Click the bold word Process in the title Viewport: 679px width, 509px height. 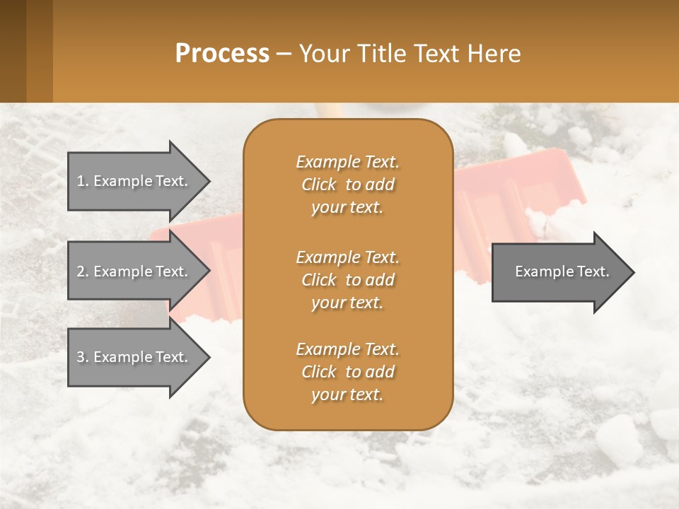[222, 54]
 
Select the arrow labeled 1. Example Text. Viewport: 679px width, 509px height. [134, 181]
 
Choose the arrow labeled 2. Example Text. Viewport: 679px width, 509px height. [134, 271]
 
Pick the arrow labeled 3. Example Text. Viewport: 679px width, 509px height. [134, 357]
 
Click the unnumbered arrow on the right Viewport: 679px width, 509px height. [559, 271]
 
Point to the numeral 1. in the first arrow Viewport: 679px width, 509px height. [82, 181]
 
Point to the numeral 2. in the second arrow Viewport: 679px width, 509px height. [82, 271]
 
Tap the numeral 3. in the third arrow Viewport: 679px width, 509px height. [82, 357]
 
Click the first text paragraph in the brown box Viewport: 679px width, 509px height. [347, 185]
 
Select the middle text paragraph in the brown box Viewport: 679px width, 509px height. [347, 280]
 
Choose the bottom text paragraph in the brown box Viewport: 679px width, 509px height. [347, 372]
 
